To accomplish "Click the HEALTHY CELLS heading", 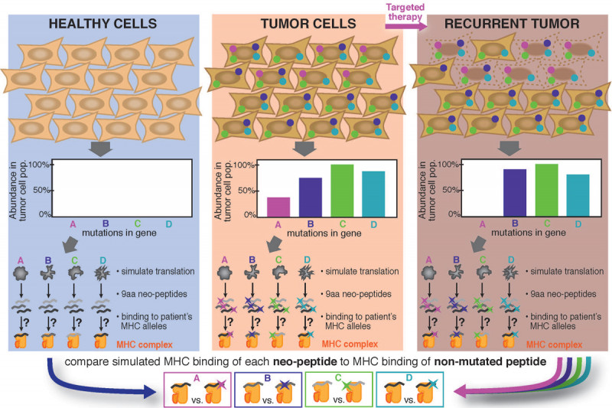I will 103,23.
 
